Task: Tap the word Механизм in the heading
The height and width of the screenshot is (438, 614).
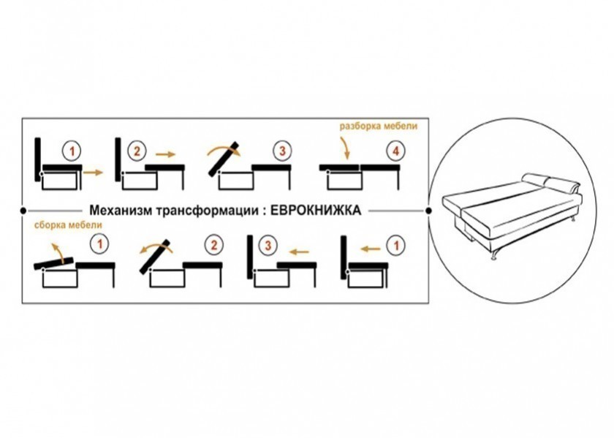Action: point(121,211)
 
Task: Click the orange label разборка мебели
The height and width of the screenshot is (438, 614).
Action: point(379,127)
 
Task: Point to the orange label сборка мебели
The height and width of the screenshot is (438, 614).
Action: point(68,225)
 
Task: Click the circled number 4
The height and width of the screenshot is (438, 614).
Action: point(396,151)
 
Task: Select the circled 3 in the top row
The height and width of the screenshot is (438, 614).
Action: point(282,151)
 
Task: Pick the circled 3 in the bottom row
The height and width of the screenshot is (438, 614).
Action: point(268,246)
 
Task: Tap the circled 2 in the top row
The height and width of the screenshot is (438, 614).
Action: point(136,151)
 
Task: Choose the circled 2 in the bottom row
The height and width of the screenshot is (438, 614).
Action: point(213,245)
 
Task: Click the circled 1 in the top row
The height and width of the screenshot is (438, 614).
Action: point(72,151)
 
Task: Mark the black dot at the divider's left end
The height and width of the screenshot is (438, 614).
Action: point(23,211)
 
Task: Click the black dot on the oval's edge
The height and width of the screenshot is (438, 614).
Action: point(428,211)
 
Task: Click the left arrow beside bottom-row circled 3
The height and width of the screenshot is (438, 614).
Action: point(298,252)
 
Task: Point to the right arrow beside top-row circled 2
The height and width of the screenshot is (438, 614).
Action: point(165,154)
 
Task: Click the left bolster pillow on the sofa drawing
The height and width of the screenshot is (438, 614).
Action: point(535,179)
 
